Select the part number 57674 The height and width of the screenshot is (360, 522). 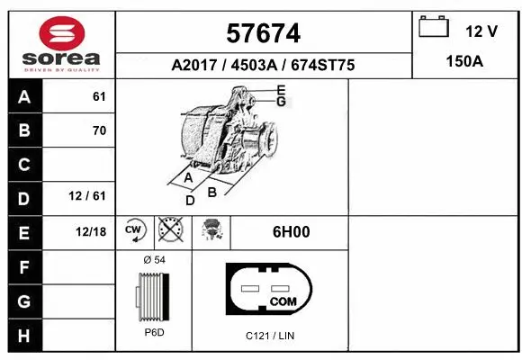pyautogui.click(x=263, y=34)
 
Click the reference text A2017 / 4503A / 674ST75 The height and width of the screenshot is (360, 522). pyautogui.click(x=263, y=66)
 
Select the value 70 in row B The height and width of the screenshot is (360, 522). pyautogui.click(x=99, y=130)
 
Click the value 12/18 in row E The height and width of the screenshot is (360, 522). pyautogui.click(x=91, y=231)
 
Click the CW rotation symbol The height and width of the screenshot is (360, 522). pyautogui.click(x=134, y=230)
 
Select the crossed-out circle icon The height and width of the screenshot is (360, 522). pyautogui.click(x=168, y=230)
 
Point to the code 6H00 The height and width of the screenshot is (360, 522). pyautogui.click(x=291, y=231)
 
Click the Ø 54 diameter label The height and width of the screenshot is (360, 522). pyautogui.click(x=155, y=259)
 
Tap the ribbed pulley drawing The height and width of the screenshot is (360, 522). pyautogui.click(x=153, y=298)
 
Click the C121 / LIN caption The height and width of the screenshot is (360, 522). pyautogui.click(x=270, y=336)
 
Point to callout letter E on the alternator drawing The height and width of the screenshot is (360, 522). pyautogui.click(x=281, y=89)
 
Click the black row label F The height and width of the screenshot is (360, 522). pyautogui.click(x=24, y=266)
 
